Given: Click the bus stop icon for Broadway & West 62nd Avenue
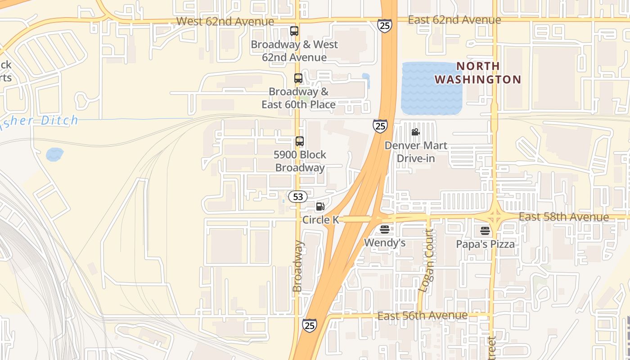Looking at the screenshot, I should point(294,31).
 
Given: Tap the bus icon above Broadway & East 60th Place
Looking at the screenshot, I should point(298,78).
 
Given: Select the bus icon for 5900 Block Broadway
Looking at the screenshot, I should point(300,141).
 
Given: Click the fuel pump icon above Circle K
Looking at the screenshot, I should point(320,207).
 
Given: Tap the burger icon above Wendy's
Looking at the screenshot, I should point(385,229).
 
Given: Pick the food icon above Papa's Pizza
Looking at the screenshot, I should point(485,231).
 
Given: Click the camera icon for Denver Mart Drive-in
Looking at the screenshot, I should point(416,132).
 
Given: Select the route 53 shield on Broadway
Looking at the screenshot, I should point(297,197).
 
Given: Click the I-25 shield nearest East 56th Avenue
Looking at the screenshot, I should point(309,325).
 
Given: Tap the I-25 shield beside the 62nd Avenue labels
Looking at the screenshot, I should point(385,26).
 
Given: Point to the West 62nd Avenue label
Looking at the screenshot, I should point(225,21).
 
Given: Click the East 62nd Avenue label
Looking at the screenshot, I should point(454,20).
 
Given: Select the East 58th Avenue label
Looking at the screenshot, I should point(563,217).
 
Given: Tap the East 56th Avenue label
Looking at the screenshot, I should point(422,316).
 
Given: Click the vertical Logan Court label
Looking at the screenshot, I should point(426,261).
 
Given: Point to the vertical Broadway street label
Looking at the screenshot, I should point(298,266).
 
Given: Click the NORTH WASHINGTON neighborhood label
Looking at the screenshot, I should point(478,73).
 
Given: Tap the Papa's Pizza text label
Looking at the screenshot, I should point(485,244).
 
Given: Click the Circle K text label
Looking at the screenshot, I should point(320,220).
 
